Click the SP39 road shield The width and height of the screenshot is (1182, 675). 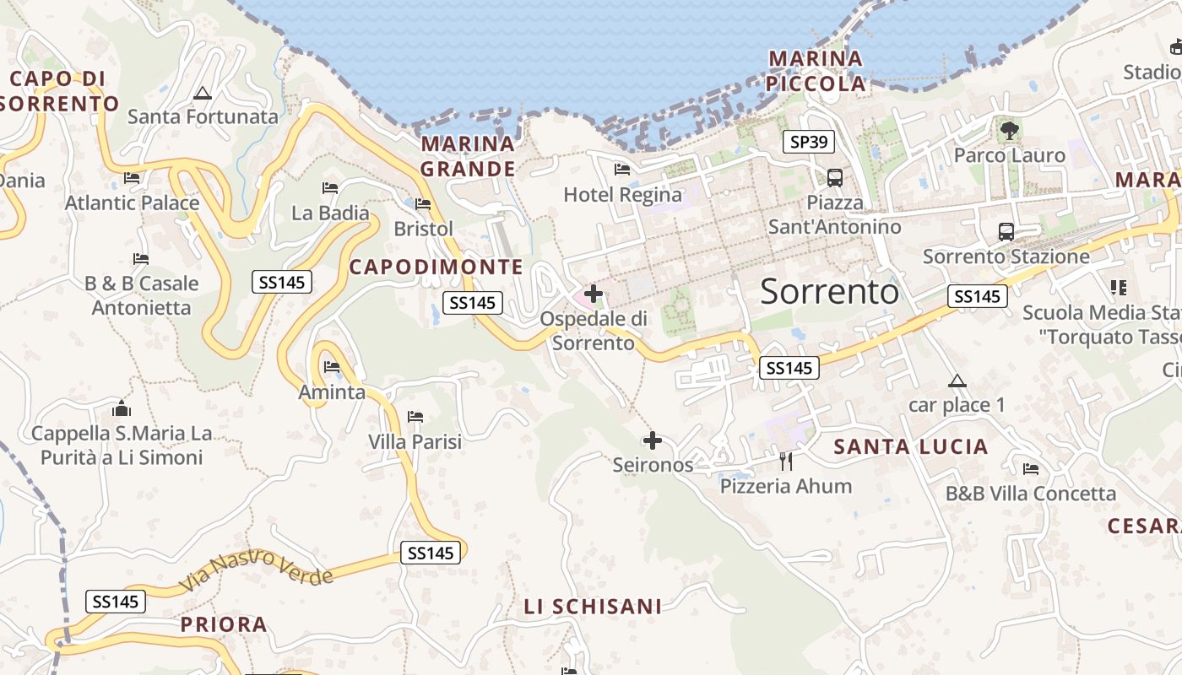pyautogui.click(x=808, y=142)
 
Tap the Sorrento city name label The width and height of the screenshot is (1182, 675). pyautogui.click(x=829, y=291)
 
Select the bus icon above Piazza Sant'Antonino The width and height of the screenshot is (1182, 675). pyautogui.click(x=835, y=177)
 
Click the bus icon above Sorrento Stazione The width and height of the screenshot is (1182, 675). pyautogui.click(x=1006, y=231)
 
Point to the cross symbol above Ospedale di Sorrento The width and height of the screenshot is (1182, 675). pyautogui.click(x=594, y=294)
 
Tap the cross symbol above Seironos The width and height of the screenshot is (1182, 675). pyautogui.click(x=652, y=440)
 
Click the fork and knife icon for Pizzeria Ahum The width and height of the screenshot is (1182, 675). pyautogui.click(x=786, y=461)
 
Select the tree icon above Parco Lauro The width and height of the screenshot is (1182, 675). pyautogui.click(x=1009, y=130)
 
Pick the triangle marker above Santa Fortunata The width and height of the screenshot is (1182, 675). pyautogui.click(x=202, y=93)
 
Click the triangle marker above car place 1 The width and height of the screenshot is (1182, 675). pyautogui.click(x=957, y=381)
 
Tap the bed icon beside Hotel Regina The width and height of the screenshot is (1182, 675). pyautogui.click(x=622, y=170)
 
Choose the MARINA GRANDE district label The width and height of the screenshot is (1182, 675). pyautogui.click(x=468, y=156)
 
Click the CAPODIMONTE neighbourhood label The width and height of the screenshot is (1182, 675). pyautogui.click(x=436, y=267)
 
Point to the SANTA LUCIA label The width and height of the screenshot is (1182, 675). pyautogui.click(x=910, y=447)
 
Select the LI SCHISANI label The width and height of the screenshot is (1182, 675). pyautogui.click(x=593, y=607)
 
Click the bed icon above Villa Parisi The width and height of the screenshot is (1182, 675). pyautogui.click(x=415, y=417)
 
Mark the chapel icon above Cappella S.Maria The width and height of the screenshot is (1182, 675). pyautogui.click(x=122, y=409)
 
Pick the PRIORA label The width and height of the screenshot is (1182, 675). pyautogui.click(x=224, y=625)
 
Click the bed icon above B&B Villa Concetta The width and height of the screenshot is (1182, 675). pyautogui.click(x=1030, y=469)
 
